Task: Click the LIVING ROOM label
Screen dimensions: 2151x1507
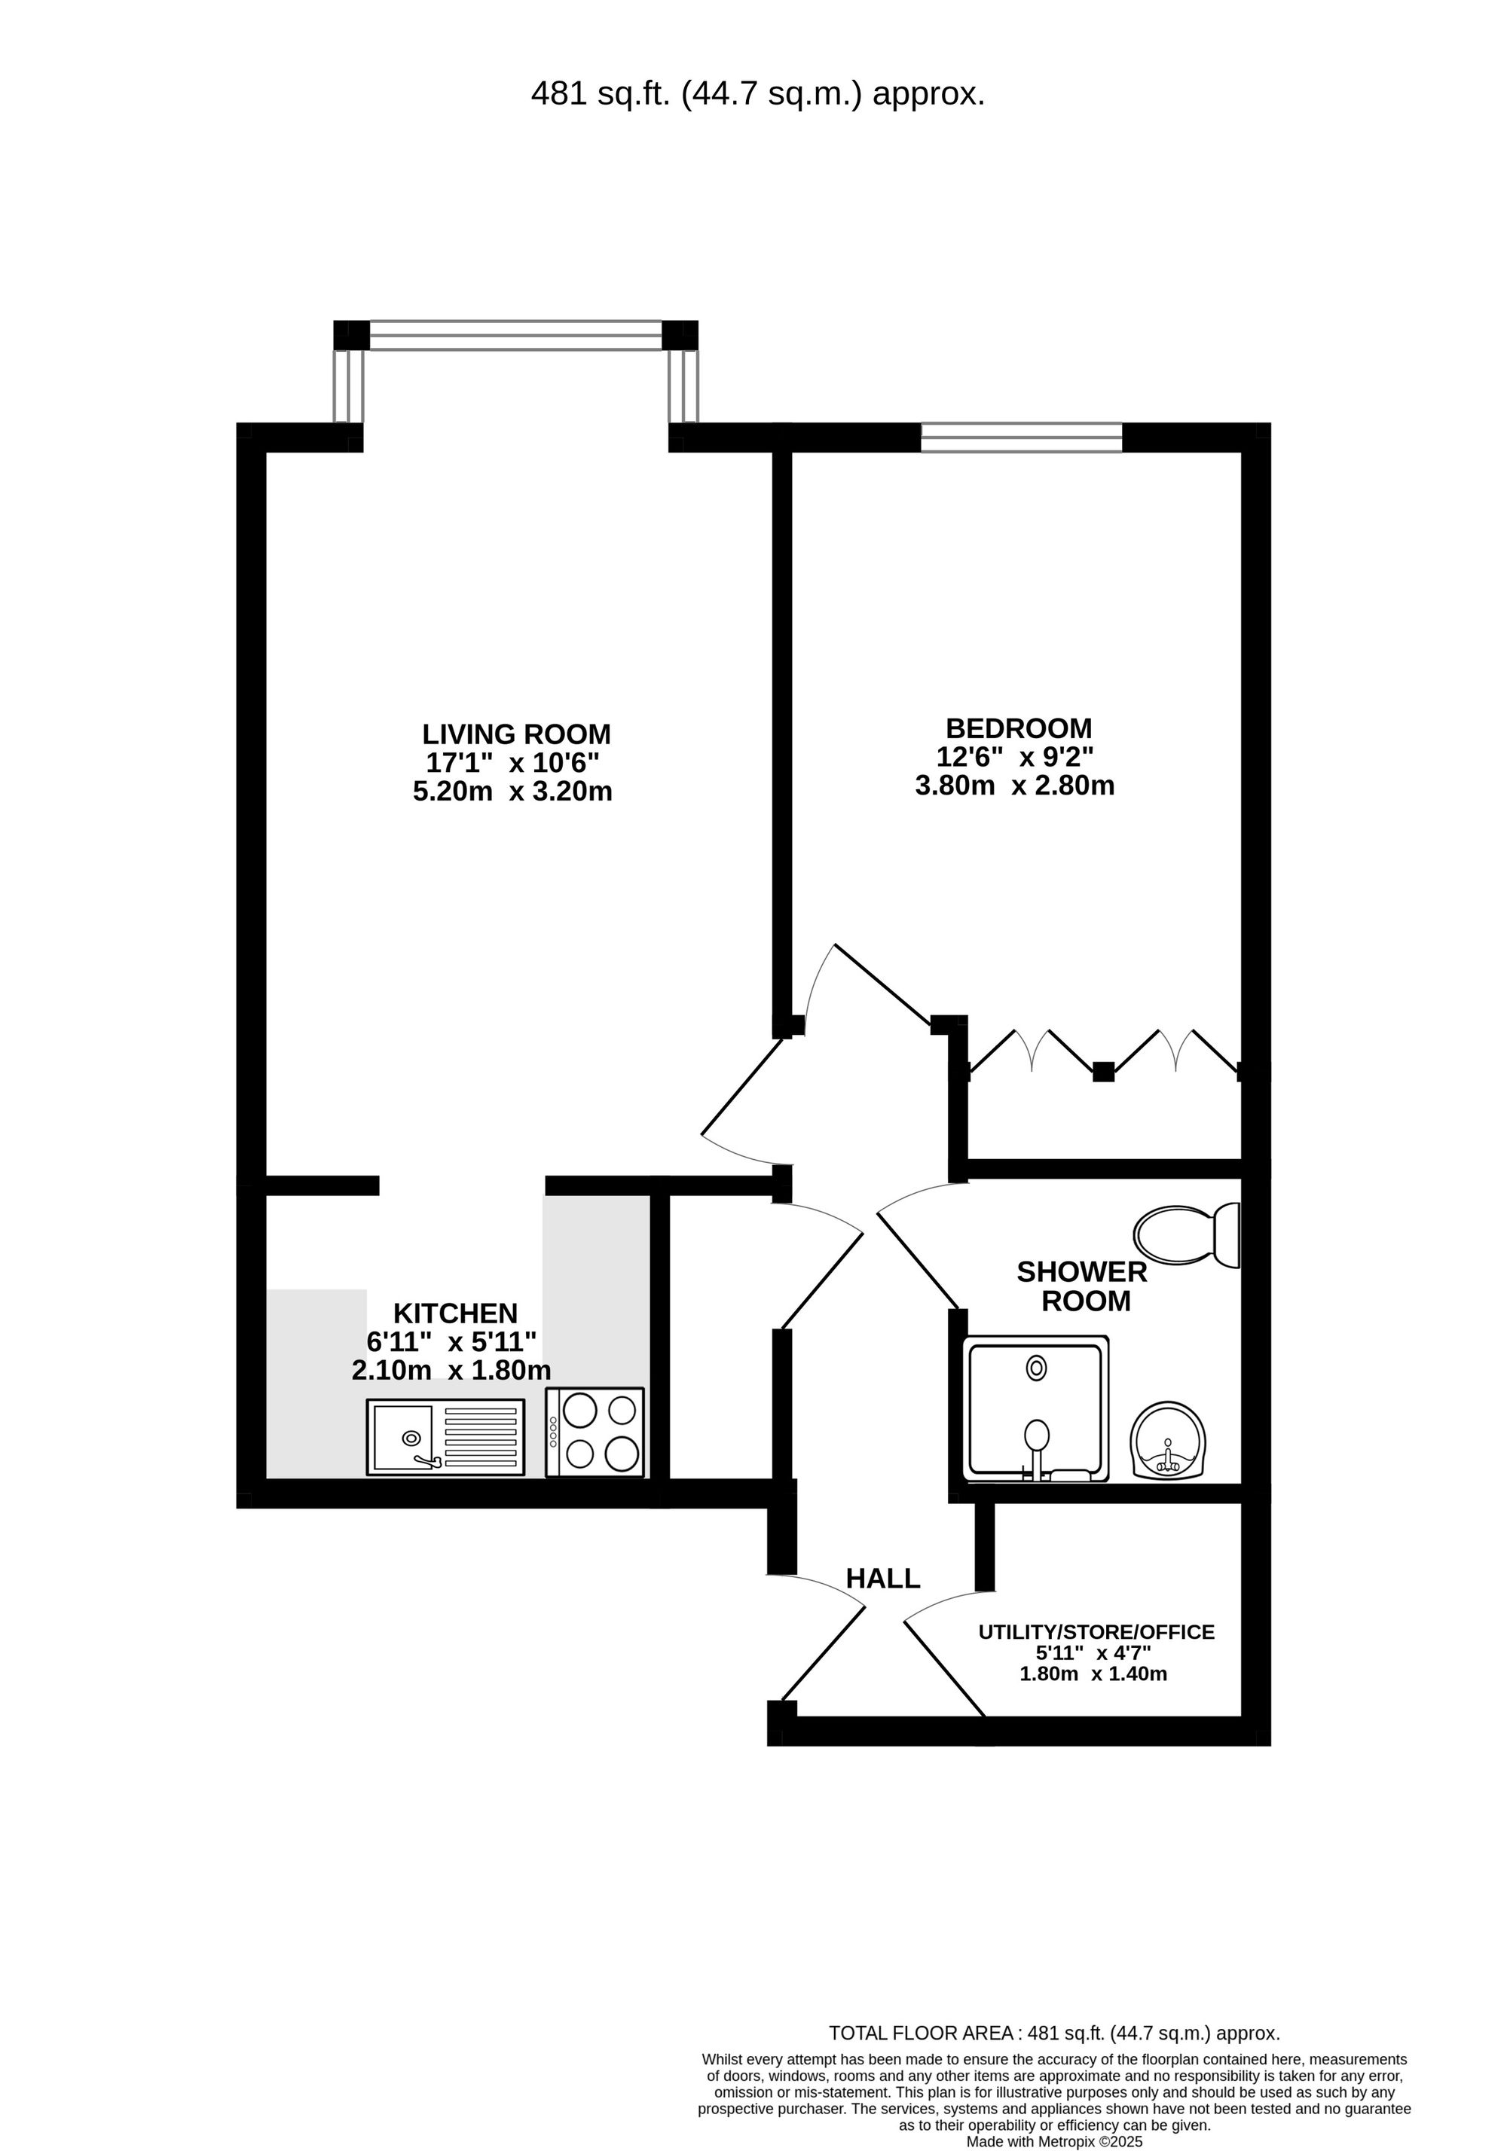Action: point(515,734)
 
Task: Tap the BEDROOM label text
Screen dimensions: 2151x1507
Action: point(1018,728)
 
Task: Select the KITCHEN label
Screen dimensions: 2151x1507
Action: point(454,1313)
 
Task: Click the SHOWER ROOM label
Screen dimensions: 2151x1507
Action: point(1083,1286)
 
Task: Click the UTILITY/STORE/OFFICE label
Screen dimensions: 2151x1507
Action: point(1096,1632)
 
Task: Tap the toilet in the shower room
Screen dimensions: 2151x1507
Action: point(1187,1234)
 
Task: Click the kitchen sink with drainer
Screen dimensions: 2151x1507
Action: point(445,1437)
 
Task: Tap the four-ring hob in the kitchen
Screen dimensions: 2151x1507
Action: point(595,1432)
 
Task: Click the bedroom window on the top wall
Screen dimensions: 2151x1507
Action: point(1020,438)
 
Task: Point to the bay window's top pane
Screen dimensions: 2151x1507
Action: point(515,334)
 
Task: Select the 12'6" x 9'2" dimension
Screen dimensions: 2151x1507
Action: point(1015,756)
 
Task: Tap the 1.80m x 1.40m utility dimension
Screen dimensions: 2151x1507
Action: point(1093,1674)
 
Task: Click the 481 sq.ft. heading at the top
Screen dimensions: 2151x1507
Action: point(757,93)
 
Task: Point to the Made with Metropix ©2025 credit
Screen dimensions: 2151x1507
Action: point(1054,2140)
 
